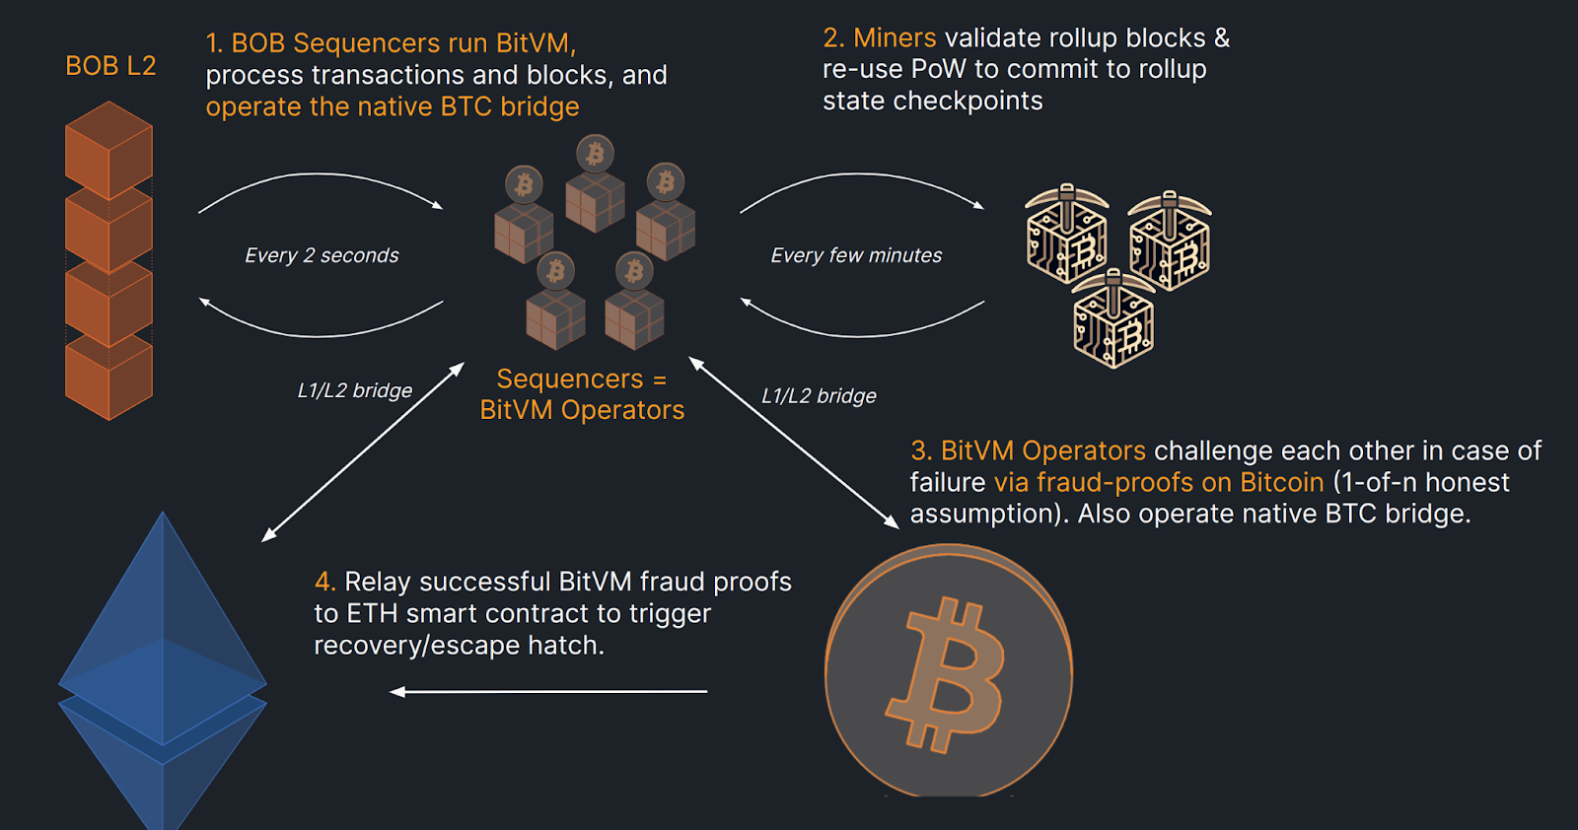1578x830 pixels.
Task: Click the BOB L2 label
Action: pyautogui.click(x=110, y=66)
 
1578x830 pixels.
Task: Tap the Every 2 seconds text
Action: pyautogui.click(x=322, y=255)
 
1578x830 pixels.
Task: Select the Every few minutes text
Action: pyautogui.click(x=856, y=255)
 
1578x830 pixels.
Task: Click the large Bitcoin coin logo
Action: pyautogui.click(x=948, y=672)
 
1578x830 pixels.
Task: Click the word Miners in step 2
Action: pyautogui.click(x=895, y=37)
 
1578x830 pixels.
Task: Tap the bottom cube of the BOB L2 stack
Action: pyautogui.click(x=108, y=380)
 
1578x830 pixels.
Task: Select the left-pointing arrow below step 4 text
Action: pyautogui.click(x=548, y=692)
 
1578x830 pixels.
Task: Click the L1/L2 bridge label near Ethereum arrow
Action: pyautogui.click(x=355, y=390)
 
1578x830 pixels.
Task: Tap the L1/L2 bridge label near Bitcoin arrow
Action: pyautogui.click(x=819, y=396)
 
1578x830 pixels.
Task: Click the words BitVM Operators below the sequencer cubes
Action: pyautogui.click(x=582, y=410)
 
